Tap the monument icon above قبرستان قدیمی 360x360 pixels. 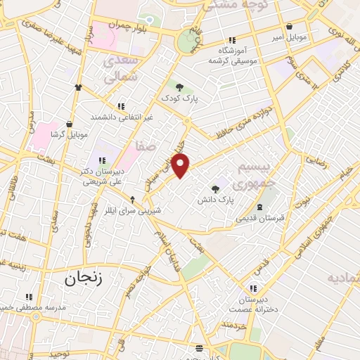(259, 207)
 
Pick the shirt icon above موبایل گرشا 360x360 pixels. (79, 87)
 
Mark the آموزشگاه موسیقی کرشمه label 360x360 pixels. (233, 56)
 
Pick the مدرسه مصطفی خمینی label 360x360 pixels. (34, 308)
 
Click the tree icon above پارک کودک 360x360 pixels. (180, 88)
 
